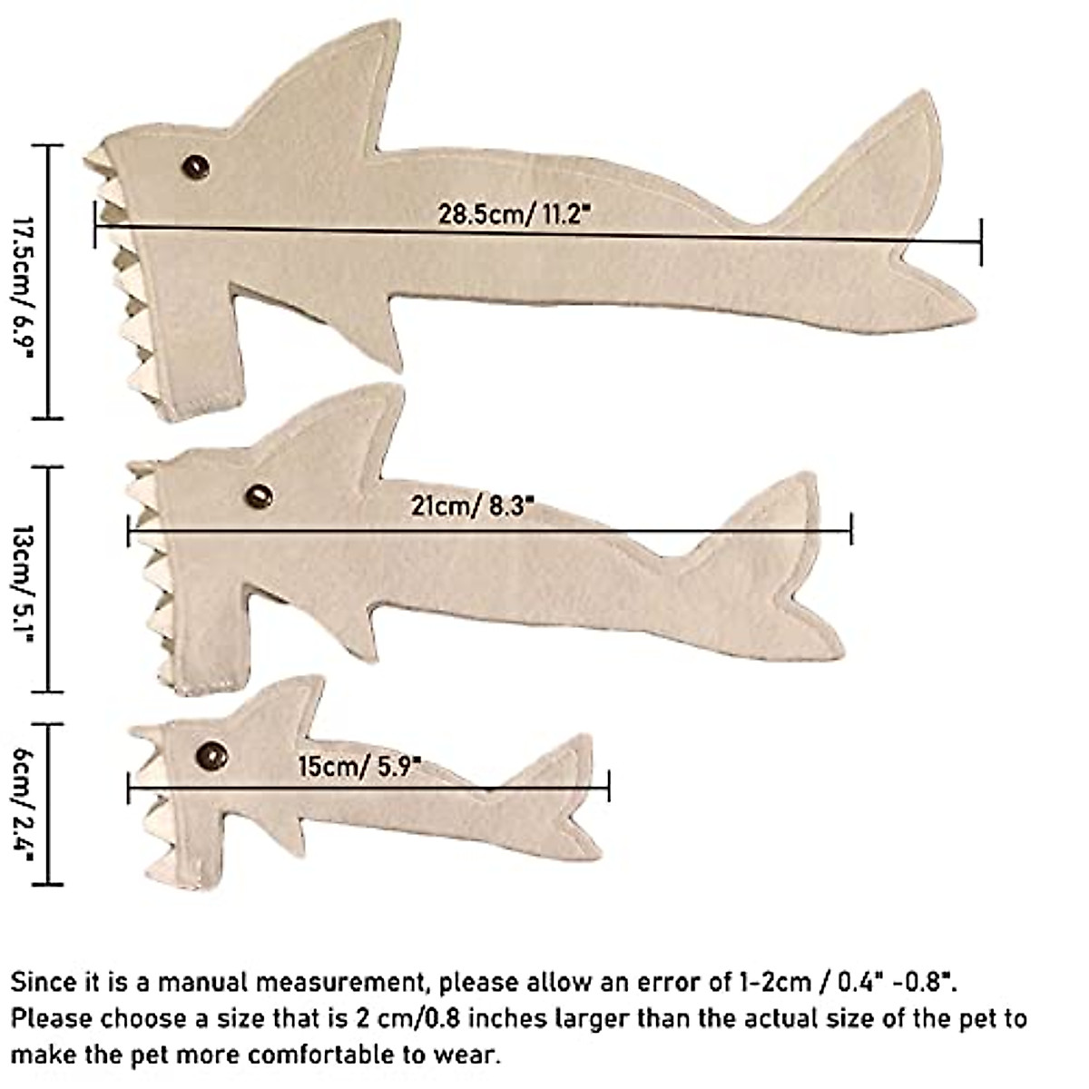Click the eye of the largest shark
(x=195, y=167)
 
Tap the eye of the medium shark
(x=259, y=496)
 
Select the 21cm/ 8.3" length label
(x=468, y=505)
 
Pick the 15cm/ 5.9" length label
(x=359, y=767)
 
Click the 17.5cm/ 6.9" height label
(x=23, y=284)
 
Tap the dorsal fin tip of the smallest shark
(x=315, y=682)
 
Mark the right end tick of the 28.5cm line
(x=981, y=241)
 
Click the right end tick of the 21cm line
(x=851, y=528)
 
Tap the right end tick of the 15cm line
(x=608, y=786)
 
